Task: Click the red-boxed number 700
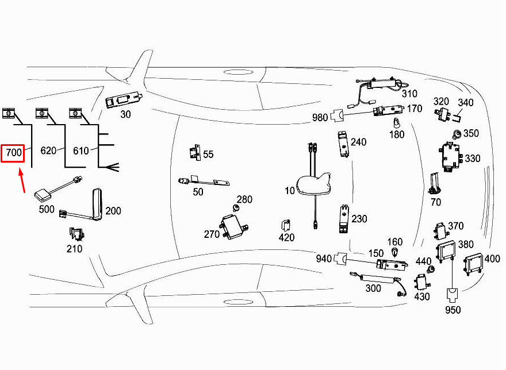[13, 153]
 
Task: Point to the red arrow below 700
[22, 180]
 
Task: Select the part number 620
[48, 151]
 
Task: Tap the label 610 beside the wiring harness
[81, 151]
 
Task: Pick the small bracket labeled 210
[75, 234]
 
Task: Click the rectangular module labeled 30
[123, 99]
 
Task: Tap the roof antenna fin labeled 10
[314, 185]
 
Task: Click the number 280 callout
[244, 200]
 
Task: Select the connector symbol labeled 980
[319, 118]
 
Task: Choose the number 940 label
[324, 259]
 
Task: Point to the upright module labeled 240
[343, 144]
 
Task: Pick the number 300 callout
[373, 287]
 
